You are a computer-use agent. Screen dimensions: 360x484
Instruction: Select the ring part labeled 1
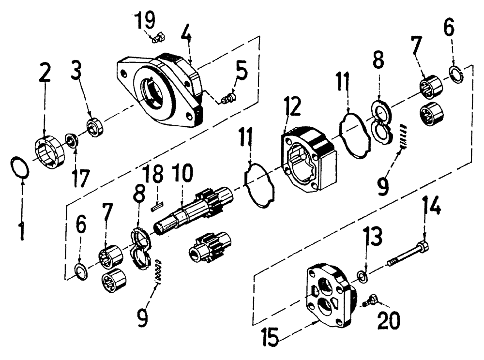coord(19,168)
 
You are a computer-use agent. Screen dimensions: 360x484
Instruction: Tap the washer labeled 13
coord(361,276)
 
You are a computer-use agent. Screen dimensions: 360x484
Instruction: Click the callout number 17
coord(81,178)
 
